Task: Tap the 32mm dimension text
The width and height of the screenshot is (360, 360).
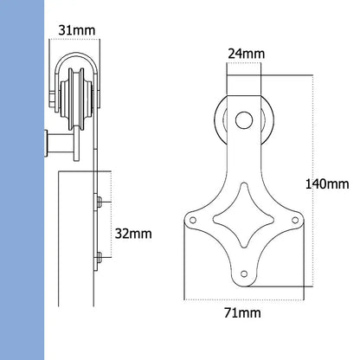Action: coord(133,233)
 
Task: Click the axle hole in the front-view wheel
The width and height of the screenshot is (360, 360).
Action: coord(243,119)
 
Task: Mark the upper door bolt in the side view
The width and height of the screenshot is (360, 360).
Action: coord(100,202)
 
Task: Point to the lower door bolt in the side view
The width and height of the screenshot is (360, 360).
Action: coord(100,254)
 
